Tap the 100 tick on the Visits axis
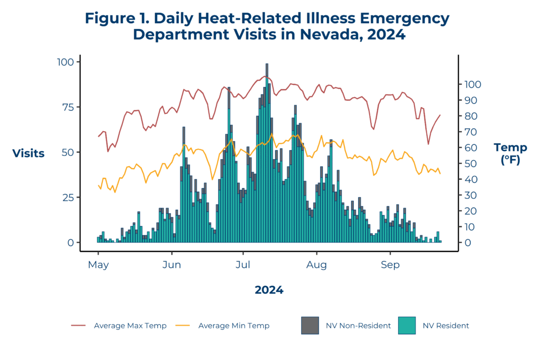coord(67,62)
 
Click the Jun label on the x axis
coord(172,265)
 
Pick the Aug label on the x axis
coord(317,265)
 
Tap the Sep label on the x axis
coord(390,265)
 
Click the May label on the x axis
coord(98,265)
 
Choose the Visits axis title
coord(28,153)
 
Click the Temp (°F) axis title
coord(510,153)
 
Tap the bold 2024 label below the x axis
coord(269,290)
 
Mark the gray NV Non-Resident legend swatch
coord(310,325)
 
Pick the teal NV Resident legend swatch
coord(406,325)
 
